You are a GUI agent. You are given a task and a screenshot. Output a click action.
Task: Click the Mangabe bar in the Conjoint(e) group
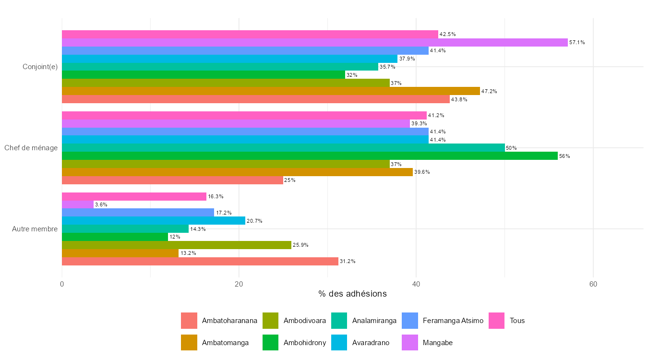(314, 42)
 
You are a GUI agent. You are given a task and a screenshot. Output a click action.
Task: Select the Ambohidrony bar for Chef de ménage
(310, 156)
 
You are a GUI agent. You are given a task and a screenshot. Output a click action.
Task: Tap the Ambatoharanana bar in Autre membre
(200, 261)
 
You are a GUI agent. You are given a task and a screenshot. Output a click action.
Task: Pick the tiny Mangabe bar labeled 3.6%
(78, 204)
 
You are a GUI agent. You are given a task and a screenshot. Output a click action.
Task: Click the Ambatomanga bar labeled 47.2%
(271, 91)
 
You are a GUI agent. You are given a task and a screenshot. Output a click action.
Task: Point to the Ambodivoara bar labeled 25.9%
(177, 245)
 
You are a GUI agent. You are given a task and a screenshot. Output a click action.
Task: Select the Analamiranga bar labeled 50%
(283, 148)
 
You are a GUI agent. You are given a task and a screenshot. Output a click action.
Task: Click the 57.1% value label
(577, 43)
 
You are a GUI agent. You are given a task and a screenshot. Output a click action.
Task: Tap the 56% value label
(564, 156)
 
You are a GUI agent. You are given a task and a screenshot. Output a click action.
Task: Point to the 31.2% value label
(348, 262)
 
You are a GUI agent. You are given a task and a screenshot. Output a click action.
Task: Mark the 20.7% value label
(254, 221)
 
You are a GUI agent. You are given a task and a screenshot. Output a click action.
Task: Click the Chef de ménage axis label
(31, 148)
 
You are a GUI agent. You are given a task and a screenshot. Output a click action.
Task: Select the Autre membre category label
(35, 229)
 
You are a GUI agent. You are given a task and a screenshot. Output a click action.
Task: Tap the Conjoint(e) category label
(40, 67)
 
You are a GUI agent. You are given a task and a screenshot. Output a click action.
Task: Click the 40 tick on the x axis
(416, 284)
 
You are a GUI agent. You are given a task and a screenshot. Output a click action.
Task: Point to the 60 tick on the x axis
(593, 284)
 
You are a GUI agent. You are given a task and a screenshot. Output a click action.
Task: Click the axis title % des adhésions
(352, 294)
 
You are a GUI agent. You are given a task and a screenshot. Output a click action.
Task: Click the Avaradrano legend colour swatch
(340, 343)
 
